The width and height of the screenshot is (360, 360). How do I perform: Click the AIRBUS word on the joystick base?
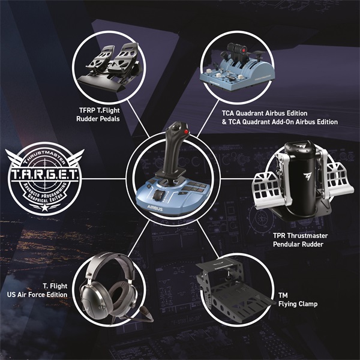coord(154,203)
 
